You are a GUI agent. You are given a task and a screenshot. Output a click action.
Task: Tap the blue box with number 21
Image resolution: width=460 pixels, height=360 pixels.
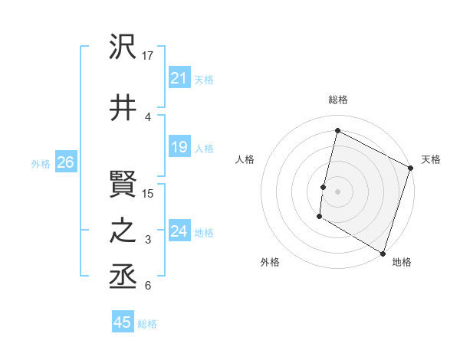179,77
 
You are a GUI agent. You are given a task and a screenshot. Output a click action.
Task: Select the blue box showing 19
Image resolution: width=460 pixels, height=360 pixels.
179,147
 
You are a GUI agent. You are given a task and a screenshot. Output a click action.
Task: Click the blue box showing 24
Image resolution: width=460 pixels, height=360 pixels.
179,231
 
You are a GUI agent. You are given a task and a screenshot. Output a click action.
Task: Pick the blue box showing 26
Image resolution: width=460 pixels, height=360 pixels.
65,162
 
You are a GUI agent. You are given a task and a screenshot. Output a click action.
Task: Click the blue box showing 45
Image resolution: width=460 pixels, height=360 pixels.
122,322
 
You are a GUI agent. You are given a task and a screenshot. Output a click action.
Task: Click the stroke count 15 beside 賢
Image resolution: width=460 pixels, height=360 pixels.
149,193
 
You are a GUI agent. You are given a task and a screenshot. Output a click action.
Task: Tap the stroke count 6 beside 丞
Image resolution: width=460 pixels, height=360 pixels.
148,286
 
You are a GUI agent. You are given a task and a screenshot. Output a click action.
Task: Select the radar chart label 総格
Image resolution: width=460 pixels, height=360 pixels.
337,100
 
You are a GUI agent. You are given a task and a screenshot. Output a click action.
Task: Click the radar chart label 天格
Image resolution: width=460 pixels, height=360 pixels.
431,159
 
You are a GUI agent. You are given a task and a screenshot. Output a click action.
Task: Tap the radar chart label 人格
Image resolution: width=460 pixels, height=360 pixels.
245,159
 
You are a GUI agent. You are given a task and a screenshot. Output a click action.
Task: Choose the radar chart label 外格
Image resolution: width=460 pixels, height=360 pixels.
270,262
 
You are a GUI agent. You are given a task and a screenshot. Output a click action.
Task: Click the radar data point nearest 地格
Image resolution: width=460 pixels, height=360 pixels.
382,253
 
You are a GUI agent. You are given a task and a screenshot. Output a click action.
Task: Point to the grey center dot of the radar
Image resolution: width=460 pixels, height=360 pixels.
337,191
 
